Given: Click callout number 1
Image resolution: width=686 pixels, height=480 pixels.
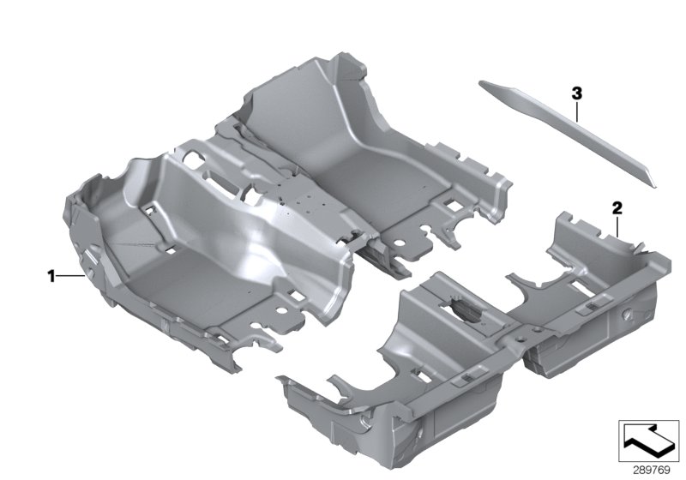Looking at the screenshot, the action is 51,276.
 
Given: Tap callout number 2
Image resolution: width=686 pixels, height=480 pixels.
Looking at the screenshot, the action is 617,207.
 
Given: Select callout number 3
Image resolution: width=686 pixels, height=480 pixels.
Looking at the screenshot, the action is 577,93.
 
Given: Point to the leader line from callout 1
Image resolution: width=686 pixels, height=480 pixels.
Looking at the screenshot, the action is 70,276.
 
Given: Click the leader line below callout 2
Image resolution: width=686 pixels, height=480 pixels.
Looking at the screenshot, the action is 617,226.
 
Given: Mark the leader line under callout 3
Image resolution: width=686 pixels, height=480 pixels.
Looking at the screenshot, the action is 577,111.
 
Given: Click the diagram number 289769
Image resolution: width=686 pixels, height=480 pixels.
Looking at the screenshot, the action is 652,471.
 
